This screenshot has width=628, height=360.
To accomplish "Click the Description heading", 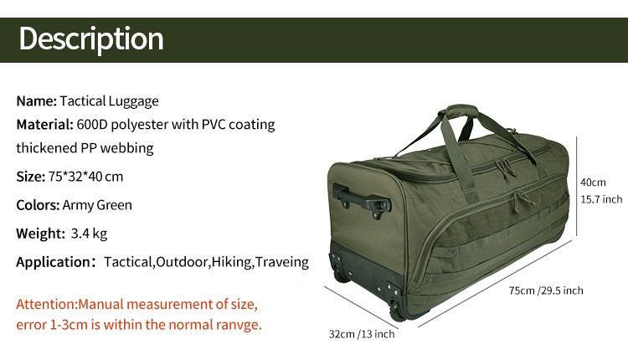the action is click(x=91, y=39).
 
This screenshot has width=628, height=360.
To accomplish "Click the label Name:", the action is click(x=37, y=101).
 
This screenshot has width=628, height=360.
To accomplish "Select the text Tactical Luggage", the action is click(x=110, y=101).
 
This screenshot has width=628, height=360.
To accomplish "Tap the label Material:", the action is click(x=45, y=125).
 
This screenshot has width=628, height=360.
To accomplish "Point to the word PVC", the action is click(x=214, y=125).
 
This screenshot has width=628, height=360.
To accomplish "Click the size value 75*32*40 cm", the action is click(x=85, y=176).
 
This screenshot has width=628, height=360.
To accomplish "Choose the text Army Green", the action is click(x=97, y=205).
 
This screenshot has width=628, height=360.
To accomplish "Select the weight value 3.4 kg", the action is click(x=89, y=234).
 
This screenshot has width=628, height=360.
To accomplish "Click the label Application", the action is click(x=54, y=262).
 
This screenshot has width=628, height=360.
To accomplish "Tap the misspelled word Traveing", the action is click(x=282, y=262).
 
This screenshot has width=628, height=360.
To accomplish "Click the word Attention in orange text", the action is click(x=46, y=305).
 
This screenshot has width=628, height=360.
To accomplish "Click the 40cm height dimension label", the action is click(x=593, y=183).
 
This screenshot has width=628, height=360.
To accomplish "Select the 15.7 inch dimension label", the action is click(x=601, y=199).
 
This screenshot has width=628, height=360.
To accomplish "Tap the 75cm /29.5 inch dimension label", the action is click(x=546, y=291).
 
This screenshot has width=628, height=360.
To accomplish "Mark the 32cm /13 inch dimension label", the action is click(x=362, y=334).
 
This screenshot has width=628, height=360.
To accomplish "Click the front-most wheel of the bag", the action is click(x=397, y=311).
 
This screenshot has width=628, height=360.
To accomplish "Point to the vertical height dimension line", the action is click(x=577, y=186).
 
